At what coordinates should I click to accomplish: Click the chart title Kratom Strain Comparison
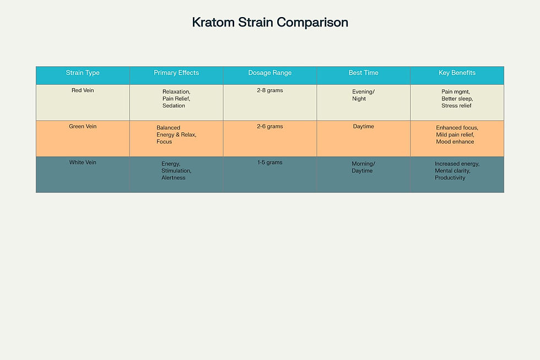(270, 23)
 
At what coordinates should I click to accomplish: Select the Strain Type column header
(83, 73)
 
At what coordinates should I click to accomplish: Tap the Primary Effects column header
(176, 73)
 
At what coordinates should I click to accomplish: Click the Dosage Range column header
(270, 73)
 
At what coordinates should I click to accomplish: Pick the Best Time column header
(363, 73)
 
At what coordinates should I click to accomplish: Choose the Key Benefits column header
(457, 73)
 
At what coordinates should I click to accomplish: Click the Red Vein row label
(83, 90)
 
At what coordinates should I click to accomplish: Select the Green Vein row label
(83, 127)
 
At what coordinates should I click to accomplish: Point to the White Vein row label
(83, 163)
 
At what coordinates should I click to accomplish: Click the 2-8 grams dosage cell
(270, 90)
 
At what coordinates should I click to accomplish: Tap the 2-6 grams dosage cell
(270, 127)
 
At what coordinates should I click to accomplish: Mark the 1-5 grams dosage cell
(270, 163)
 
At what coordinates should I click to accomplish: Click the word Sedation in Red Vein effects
(174, 105)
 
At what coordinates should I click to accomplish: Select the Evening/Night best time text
(363, 95)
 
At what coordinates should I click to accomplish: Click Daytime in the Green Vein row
(363, 127)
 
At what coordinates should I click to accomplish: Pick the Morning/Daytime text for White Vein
(363, 167)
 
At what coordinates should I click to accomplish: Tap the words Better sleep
(457, 99)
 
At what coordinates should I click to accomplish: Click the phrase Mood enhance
(455, 142)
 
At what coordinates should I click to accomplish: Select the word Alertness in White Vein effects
(174, 178)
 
